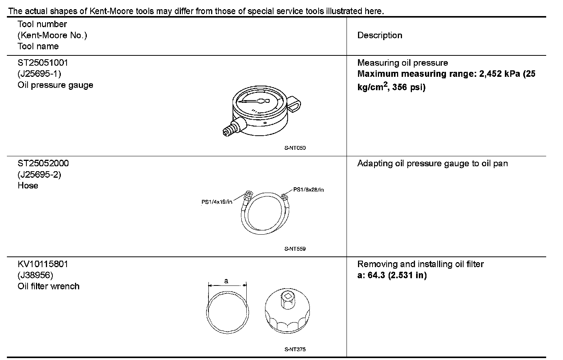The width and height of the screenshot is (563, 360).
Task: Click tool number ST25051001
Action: pos(43,63)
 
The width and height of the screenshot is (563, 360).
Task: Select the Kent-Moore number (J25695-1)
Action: pos(39,74)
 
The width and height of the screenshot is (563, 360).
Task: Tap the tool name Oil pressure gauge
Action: pos(55,85)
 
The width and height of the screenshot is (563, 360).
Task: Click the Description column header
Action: pos(380,36)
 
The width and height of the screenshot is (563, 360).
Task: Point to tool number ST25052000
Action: pos(43,164)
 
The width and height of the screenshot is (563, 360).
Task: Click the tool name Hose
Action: pos(28,186)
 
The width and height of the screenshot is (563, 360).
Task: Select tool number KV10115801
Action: pos(43,264)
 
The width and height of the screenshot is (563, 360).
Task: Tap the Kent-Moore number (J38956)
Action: pos(35,275)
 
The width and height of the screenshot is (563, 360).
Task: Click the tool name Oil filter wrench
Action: pos(49,286)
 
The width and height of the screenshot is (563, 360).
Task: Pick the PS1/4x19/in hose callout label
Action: pos(217,202)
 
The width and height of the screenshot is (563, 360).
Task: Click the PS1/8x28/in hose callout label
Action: pos(309,190)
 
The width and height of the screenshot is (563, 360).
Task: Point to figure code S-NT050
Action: pos(295,148)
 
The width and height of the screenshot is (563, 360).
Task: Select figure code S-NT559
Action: pos(295,249)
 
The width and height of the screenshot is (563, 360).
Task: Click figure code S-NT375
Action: pos(295,349)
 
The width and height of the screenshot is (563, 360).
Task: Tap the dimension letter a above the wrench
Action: pos(226,281)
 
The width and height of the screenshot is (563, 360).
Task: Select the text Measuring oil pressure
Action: pos(403,63)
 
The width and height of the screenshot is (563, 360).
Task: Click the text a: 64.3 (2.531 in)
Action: pos(392,275)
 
